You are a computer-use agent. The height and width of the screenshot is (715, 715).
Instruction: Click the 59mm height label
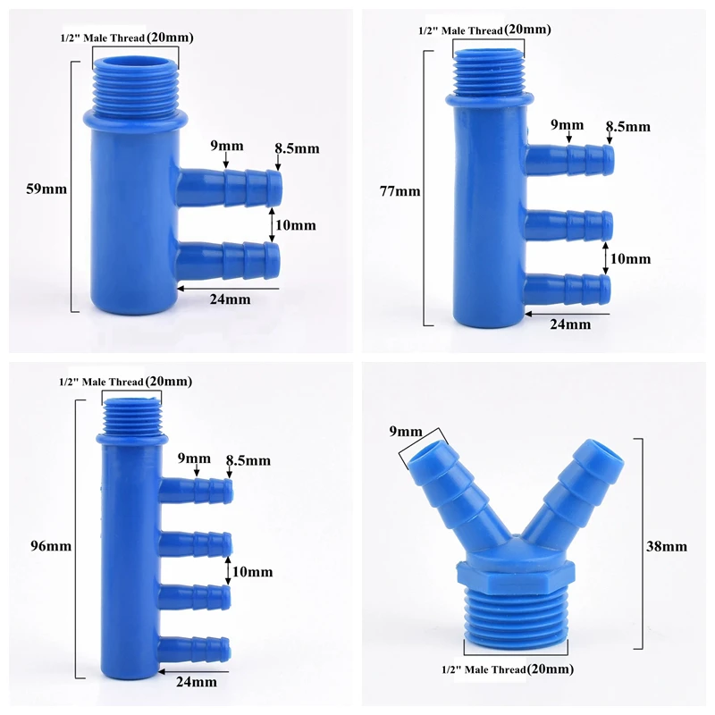(x=46, y=189)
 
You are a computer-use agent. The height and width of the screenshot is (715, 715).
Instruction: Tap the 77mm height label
(x=400, y=191)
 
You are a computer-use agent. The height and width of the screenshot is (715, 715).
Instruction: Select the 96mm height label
(x=51, y=546)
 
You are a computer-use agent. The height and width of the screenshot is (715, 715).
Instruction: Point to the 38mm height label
(x=666, y=546)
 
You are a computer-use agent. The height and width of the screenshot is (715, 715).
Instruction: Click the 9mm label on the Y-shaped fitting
(x=406, y=432)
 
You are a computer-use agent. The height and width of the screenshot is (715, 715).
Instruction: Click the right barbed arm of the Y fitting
(x=576, y=489)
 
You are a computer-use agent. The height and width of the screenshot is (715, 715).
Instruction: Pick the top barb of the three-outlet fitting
(x=570, y=160)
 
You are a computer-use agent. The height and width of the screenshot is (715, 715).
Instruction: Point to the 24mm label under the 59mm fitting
(x=231, y=299)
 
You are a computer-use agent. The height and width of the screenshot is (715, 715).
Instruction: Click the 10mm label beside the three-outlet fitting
(x=630, y=258)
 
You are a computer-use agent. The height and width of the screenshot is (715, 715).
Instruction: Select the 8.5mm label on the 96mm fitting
(x=248, y=460)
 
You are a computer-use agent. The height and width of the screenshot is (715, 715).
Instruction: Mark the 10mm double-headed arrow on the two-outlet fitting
(x=273, y=225)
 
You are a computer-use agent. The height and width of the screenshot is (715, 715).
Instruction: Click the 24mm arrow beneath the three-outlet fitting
(x=568, y=314)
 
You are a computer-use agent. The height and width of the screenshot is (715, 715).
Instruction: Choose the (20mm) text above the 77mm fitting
(x=527, y=29)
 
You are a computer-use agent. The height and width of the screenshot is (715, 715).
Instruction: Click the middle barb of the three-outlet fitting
(x=569, y=225)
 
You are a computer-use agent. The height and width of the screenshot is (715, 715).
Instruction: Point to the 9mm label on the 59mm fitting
(x=227, y=146)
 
